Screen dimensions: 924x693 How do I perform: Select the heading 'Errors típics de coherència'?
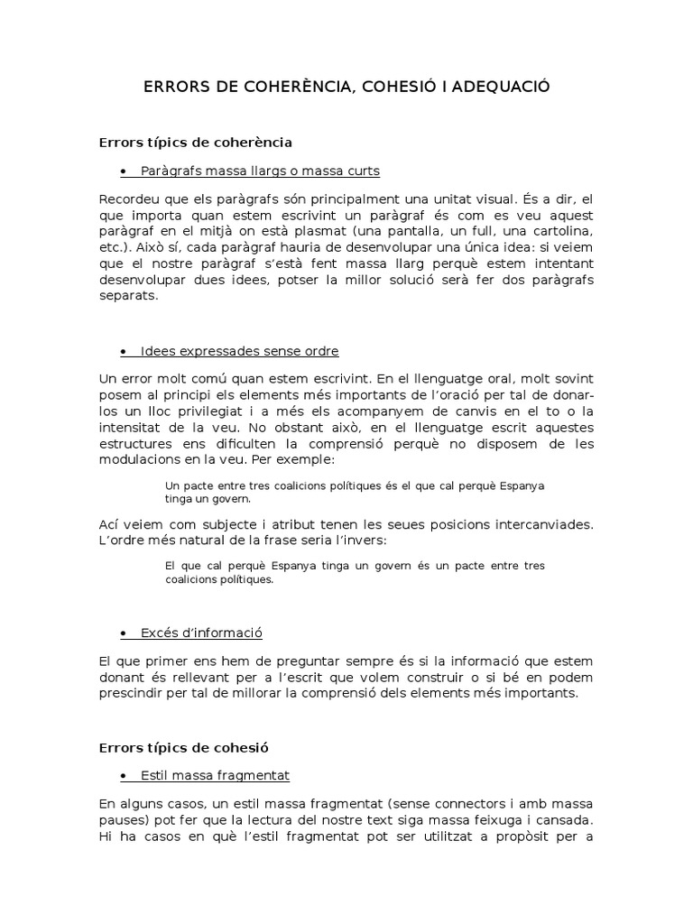point(195,142)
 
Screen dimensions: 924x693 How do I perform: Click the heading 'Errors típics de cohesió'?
point(183,747)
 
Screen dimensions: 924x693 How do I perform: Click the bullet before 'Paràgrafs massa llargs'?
point(122,171)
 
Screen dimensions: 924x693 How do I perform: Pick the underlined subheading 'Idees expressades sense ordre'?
point(239,350)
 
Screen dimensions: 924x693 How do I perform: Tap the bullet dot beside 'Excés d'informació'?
point(122,633)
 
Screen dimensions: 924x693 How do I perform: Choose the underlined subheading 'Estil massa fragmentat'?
point(214,775)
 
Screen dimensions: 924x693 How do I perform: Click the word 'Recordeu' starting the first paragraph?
point(127,199)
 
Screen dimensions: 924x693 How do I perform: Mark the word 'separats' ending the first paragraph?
point(127,296)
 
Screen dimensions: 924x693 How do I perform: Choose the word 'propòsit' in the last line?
point(523,836)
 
